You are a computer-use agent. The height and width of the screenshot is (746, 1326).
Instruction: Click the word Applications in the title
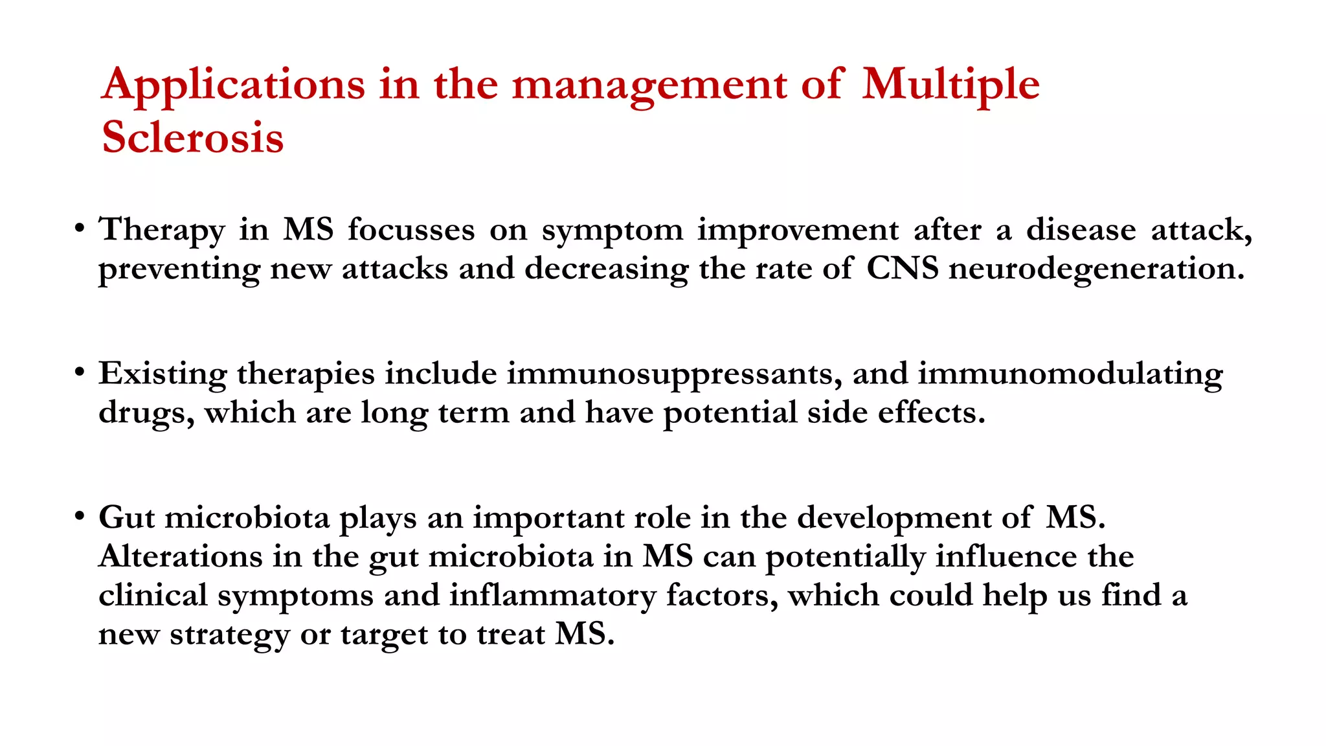233,85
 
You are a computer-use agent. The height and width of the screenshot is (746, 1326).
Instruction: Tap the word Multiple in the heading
950,85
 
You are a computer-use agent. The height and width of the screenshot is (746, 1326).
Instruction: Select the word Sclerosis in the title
193,137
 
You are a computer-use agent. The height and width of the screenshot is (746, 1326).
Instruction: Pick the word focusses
411,230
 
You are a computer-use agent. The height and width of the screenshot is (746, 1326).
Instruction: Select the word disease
1081,230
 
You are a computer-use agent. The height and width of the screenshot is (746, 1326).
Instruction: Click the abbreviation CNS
902,269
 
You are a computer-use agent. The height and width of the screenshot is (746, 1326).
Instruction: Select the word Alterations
181,556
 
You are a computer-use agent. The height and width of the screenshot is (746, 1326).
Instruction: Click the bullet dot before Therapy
79,229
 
